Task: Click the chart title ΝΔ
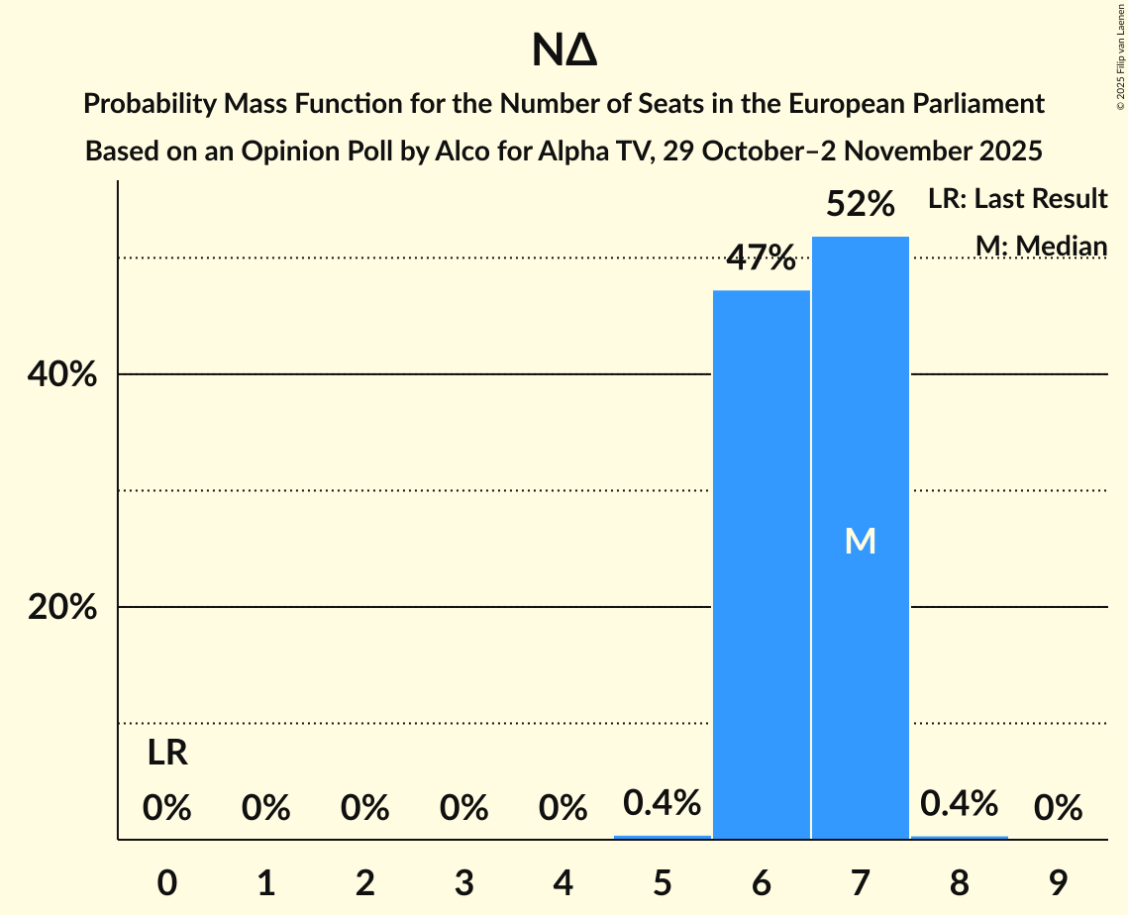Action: pyautogui.click(x=564, y=51)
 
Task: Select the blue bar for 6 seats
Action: pyautogui.click(x=762, y=564)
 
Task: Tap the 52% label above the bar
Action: pyautogui.click(x=861, y=204)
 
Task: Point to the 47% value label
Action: pyautogui.click(x=762, y=258)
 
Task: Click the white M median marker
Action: pyautogui.click(x=861, y=541)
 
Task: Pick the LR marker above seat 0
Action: pyautogui.click(x=167, y=754)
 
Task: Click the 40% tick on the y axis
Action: pyautogui.click(x=61, y=375)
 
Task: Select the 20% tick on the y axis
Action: pyautogui.click(x=61, y=607)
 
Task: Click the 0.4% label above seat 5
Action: pyautogui.click(x=663, y=802)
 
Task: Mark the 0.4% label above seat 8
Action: pyautogui.click(x=959, y=802)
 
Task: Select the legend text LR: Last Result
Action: pyautogui.click(x=1017, y=199)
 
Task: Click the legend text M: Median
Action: pyautogui.click(x=1041, y=246)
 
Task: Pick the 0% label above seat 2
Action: pyautogui.click(x=365, y=808)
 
